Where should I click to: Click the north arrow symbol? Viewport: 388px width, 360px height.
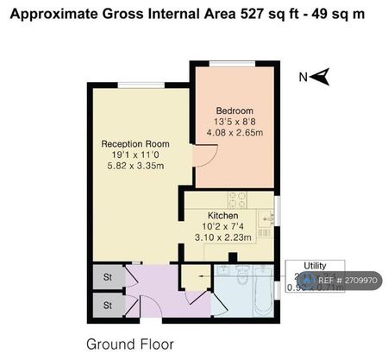(x=316, y=78)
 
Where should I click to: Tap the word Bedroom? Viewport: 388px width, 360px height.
(x=235, y=111)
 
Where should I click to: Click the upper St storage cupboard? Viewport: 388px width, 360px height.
(x=108, y=277)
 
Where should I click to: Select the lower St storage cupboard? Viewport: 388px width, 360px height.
(x=108, y=305)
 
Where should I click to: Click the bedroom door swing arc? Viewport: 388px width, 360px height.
(x=202, y=156)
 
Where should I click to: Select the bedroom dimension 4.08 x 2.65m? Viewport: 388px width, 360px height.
(x=235, y=132)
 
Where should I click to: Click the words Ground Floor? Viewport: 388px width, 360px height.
(x=131, y=343)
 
